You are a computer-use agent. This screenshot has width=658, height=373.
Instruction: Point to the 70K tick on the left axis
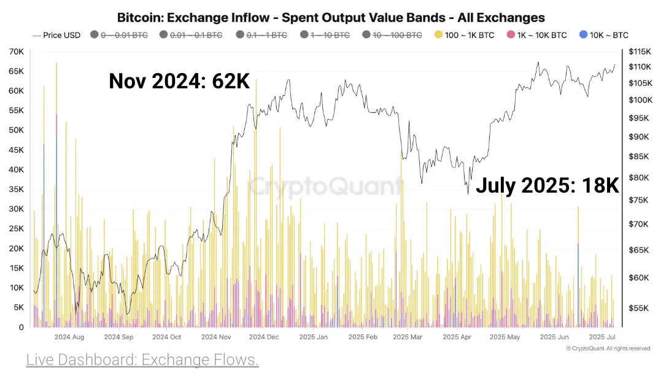tap(16, 52)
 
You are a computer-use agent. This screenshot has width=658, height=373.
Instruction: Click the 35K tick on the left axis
tap(16, 190)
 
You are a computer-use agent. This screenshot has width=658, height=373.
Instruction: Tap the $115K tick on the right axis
tap(640, 52)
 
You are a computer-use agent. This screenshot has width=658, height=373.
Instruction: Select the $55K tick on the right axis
tap(638, 308)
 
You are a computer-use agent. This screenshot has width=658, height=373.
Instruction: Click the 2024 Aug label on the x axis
tap(69, 337)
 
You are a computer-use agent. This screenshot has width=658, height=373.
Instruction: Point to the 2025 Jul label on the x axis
tap(602, 337)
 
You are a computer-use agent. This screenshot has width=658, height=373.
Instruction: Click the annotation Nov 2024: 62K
tap(179, 81)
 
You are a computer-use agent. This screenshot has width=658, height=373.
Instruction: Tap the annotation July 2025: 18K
tap(548, 185)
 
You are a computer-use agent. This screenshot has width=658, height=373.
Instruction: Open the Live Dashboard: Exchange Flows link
tap(142, 360)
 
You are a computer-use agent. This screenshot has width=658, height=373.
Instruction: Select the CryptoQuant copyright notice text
tap(608, 348)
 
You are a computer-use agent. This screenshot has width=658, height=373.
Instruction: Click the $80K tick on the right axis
tap(638, 178)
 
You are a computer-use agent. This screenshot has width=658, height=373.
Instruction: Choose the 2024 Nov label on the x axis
tap(216, 337)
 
